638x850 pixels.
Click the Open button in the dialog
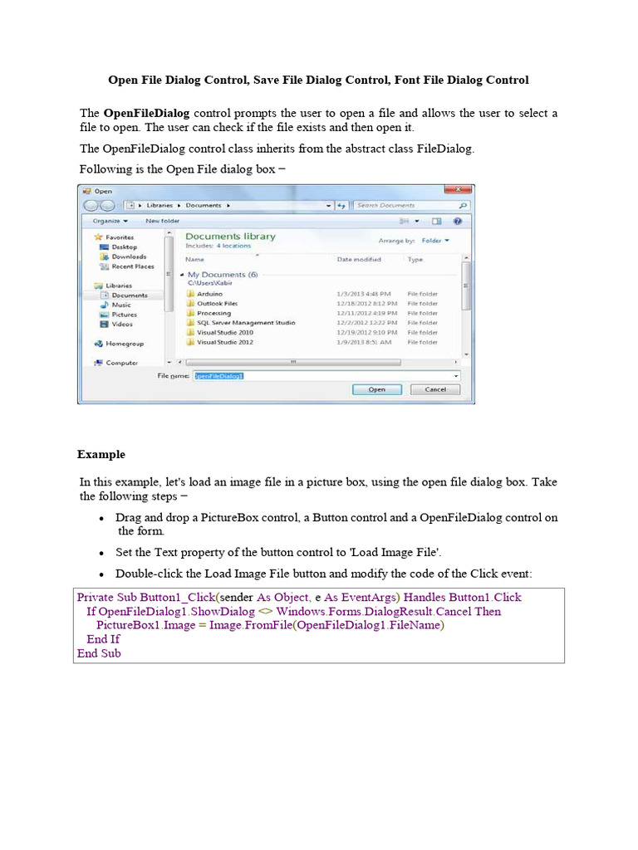pyautogui.click(x=376, y=388)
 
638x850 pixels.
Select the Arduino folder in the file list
pyautogui.click(x=209, y=294)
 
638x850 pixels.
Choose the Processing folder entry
pyautogui.click(x=213, y=313)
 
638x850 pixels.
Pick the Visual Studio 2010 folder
pyautogui.click(x=224, y=332)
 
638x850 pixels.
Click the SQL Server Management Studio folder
pyautogui.click(x=245, y=323)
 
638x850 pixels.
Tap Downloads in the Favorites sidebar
pyautogui.click(x=129, y=256)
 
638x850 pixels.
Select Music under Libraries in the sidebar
pyautogui.click(x=121, y=305)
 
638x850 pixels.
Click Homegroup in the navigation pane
pyautogui.click(x=125, y=343)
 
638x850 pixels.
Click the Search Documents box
pyautogui.click(x=407, y=205)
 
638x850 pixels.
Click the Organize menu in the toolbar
pyautogui.click(x=110, y=221)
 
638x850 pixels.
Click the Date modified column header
pyautogui.click(x=359, y=259)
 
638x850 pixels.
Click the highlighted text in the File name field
pyautogui.click(x=218, y=375)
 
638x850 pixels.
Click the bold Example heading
pyautogui.click(x=101, y=454)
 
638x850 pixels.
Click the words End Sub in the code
pyautogui.click(x=99, y=653)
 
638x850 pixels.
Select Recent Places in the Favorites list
pyautogui.click(x=133, y=266)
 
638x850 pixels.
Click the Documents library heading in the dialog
pyautogui.click(x=230, y=237)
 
